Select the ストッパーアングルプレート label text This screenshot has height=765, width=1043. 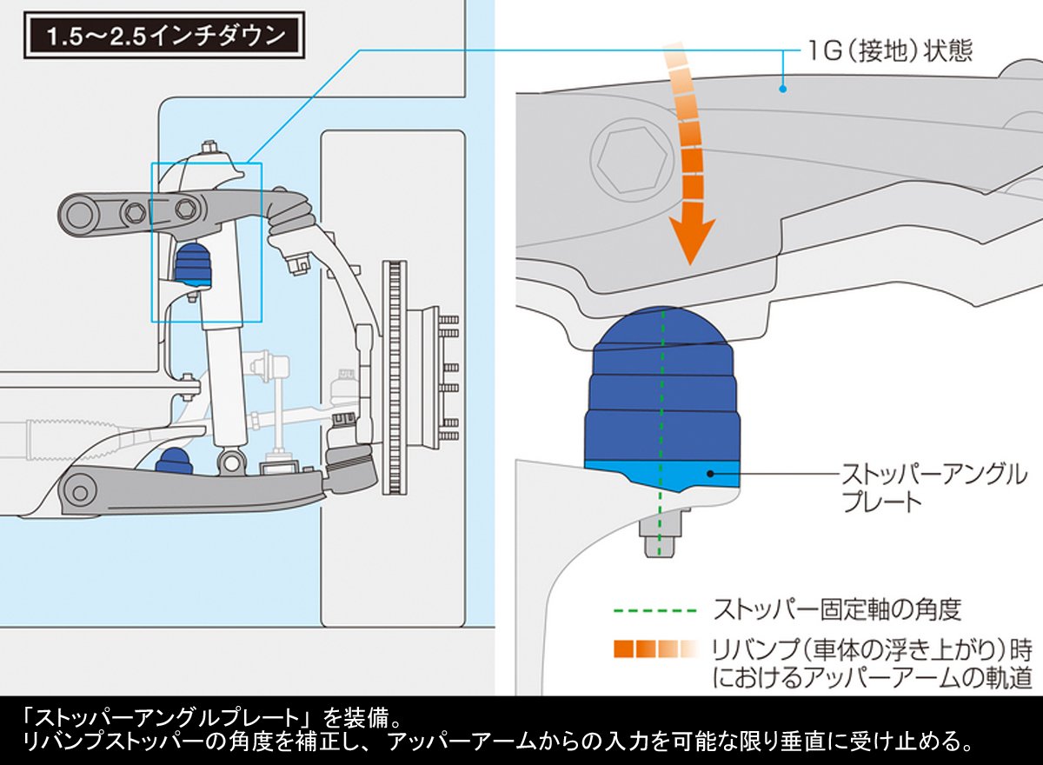933,487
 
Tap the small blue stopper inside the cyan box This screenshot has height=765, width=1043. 194,264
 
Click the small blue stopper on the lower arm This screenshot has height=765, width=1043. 174,458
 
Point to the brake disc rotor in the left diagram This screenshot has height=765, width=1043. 395,374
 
